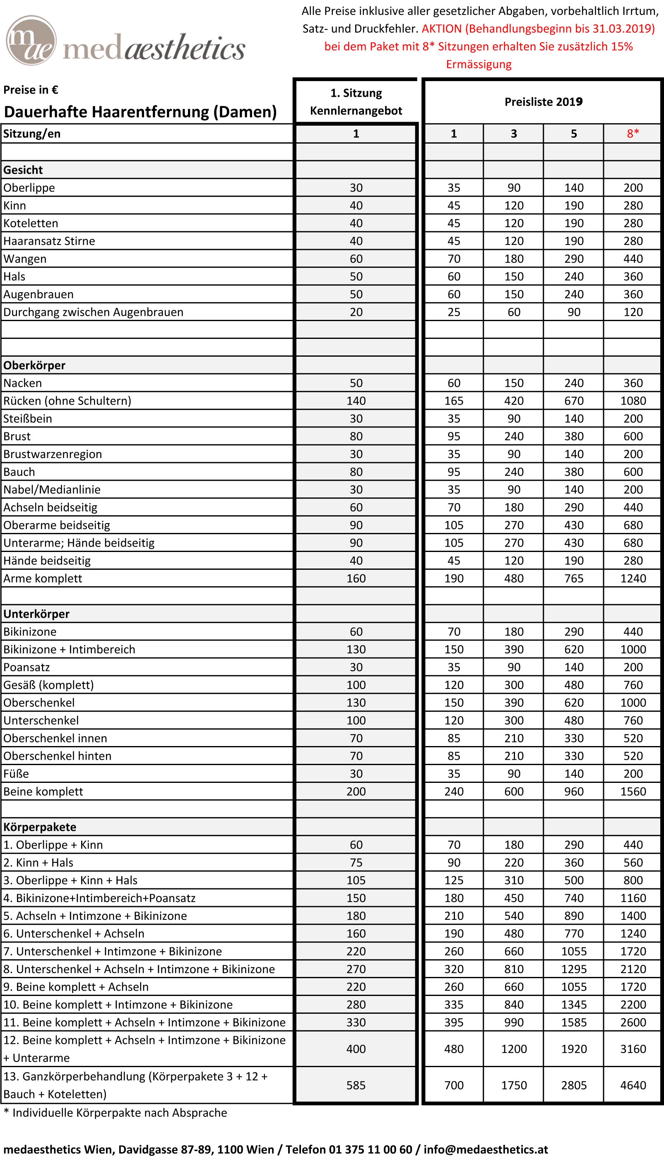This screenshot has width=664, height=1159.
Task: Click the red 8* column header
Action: [633, 134]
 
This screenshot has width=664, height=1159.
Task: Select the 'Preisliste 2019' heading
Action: [543, 102]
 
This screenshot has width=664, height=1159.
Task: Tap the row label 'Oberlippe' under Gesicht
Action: [29, 188]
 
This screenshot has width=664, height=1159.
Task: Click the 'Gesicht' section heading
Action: [23, 170]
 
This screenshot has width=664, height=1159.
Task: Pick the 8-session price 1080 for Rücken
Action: [633, 401]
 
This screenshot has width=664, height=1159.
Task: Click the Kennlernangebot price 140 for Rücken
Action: [356, 401]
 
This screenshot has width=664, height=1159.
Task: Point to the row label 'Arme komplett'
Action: [43, 579]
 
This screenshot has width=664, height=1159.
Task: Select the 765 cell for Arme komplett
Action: [574, 579]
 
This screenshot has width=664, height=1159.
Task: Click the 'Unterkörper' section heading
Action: [36, 614]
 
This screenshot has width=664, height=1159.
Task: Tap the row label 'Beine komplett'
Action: [43, 792]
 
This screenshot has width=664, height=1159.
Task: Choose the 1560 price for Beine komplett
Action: [633, 792]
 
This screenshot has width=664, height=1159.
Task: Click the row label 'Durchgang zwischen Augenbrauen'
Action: [94, 312]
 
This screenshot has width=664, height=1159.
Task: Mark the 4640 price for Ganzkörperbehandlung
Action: [633, 1085]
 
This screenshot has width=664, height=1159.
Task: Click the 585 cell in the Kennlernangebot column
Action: [356, 1085]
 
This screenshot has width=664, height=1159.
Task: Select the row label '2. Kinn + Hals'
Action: [38, 863]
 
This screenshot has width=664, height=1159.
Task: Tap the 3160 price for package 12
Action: [633, 1049]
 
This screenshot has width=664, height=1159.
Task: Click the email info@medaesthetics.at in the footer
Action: [486, 1149]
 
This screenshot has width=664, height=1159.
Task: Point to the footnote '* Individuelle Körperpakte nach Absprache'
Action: [115, 1113]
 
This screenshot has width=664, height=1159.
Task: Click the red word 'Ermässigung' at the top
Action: [479, 64]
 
